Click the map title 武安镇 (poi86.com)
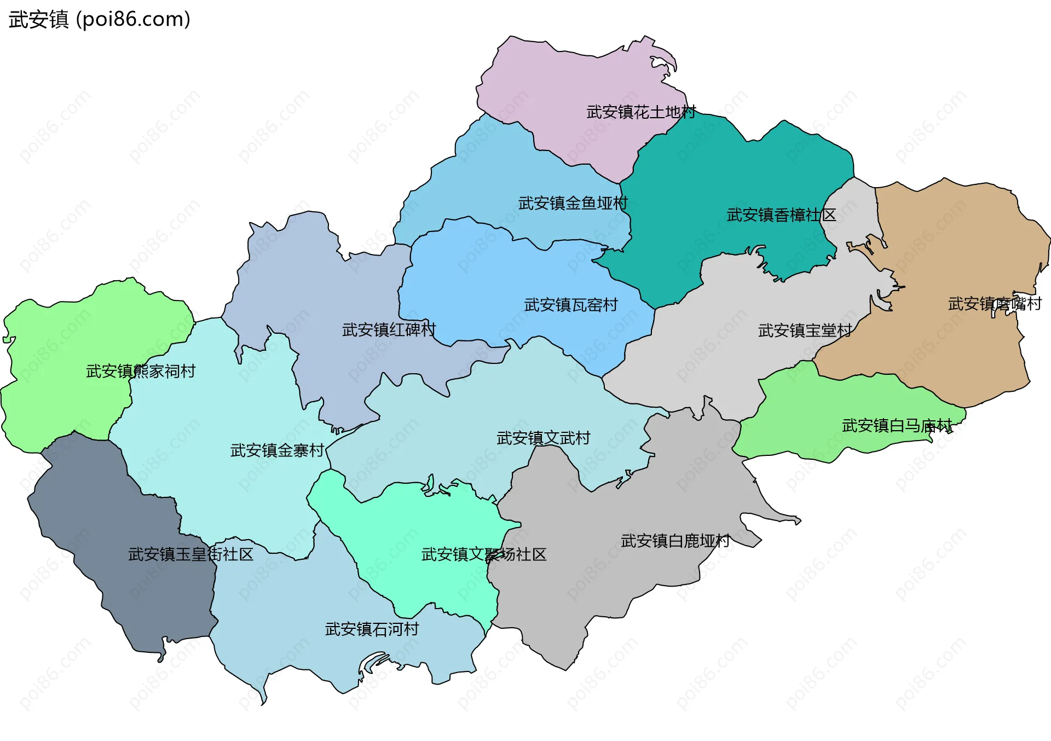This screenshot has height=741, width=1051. pos(99,19)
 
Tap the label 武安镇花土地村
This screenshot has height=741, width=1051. pos(640,112)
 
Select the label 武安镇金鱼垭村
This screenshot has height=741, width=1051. pos(573,204)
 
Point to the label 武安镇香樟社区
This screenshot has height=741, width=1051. pos(781,215)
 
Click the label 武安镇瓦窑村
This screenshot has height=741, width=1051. pos(571,305)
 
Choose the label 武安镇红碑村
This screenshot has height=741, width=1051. pos(389,330)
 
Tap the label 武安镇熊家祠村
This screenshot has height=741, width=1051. pos(141,372)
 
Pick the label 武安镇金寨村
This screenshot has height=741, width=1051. pos(277,450)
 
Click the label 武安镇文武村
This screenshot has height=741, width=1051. pos(543,438)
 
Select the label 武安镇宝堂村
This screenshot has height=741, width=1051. pos(805,331)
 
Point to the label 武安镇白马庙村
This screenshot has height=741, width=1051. pos(897,426)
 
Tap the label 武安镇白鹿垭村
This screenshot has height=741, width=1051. pos(675,541)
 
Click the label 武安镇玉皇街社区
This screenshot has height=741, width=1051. pos(190,554)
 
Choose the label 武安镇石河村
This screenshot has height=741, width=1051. pos(372,629)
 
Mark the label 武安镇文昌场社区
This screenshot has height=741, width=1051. pos(484,555)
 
